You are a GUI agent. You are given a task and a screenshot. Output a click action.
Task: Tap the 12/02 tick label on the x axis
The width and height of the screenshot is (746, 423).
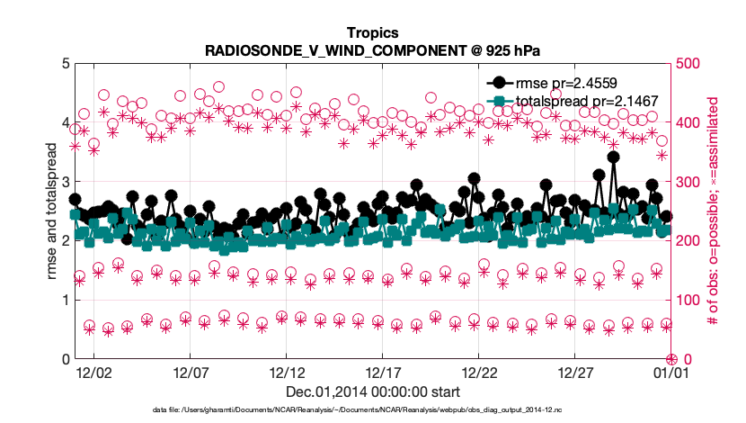[93, 372]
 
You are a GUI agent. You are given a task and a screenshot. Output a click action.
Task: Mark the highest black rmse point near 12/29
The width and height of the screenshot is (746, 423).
[613, 157]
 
